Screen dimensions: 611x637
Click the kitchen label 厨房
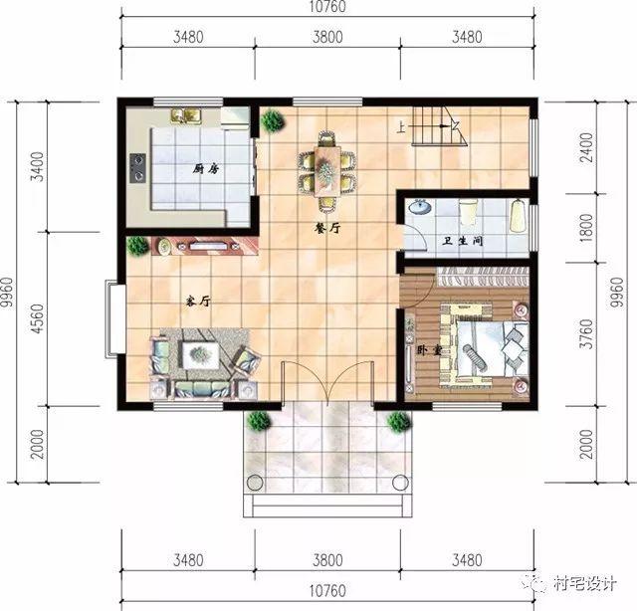click(207, 169)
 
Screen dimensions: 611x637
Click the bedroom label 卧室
click(429, 350)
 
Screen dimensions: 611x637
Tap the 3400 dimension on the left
click(38, 164)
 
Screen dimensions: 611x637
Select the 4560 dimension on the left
click(38, 318)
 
